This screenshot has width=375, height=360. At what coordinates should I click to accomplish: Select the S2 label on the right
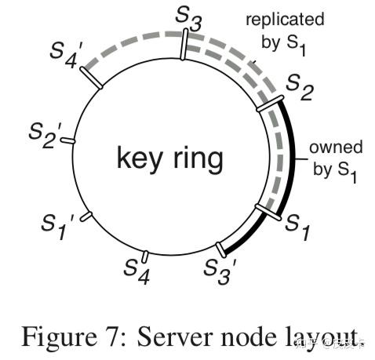coord(299,87)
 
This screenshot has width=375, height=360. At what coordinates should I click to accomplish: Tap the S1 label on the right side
coord(296,225)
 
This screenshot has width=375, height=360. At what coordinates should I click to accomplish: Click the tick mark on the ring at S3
coord(184,45)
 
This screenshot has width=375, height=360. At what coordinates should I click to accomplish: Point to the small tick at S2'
coord(67,141)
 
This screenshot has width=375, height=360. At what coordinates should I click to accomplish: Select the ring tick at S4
coord(144,256)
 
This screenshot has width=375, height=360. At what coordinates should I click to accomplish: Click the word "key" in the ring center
coord(140,158)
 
